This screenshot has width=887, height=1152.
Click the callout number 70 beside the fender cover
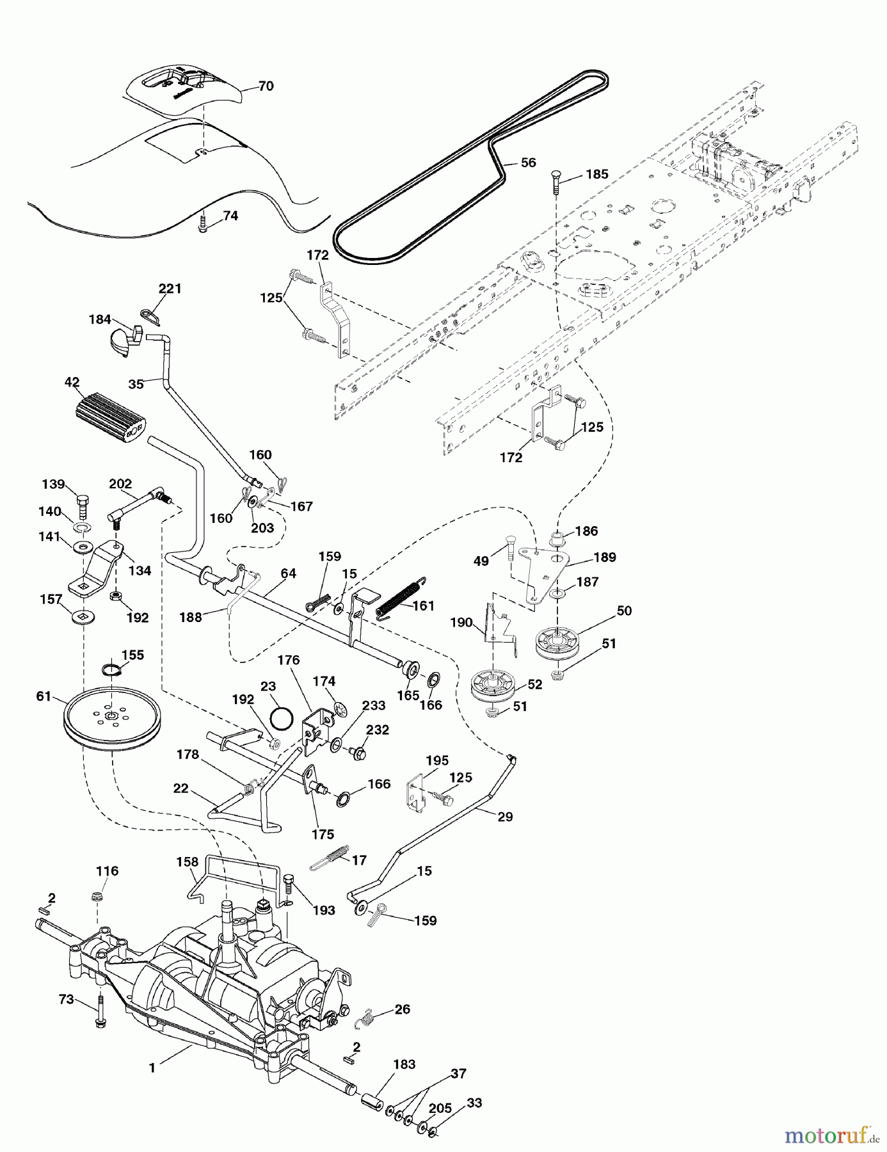click(x=266, y=86)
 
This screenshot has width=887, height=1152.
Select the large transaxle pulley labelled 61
click(x=112, y=716)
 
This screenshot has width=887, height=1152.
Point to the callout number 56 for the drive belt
click(x=529, y=163)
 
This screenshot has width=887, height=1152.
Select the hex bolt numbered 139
click(x=82, y=503)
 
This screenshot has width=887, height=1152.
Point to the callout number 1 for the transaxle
click(x=152, y=1068)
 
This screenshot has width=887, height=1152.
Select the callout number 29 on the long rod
click(x=506, y=817)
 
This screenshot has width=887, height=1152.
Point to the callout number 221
click(x=170, y=289)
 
